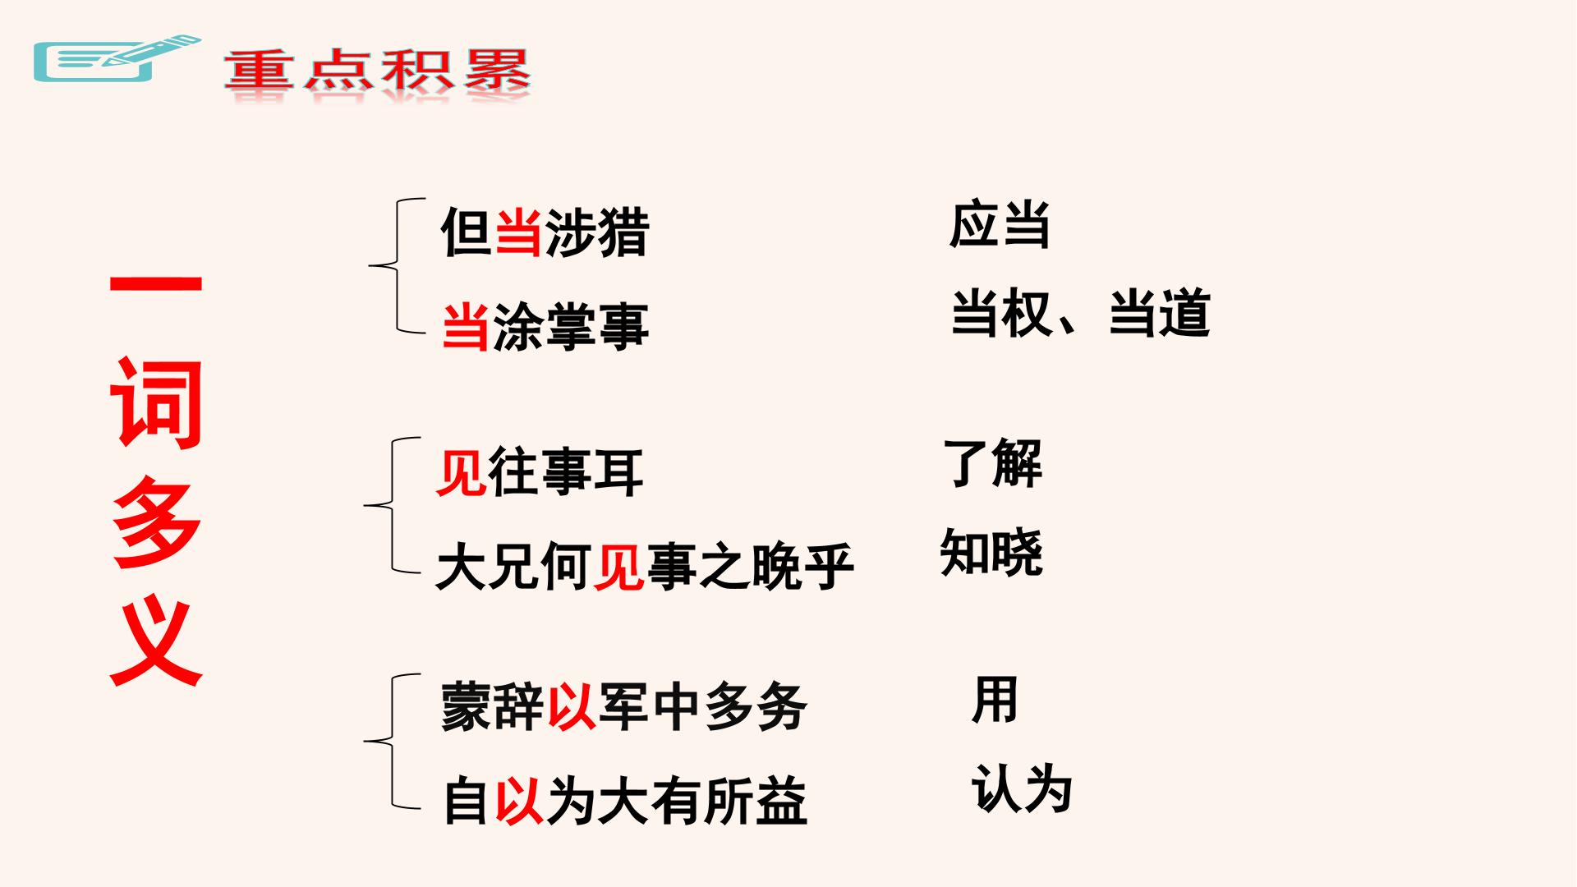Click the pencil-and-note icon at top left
pyautogui.click(x=116, y=59)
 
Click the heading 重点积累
pyautogui.click(x=378, y=71)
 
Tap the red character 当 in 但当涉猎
pyautogui.click(x=518, y=232)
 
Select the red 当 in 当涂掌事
pyautogui.click(x=466, y=326)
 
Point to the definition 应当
pyautogui.click(x=1000, y=224)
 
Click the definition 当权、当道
pyautogui.click(x=1080, y=313)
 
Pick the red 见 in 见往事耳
pyautogui.click(x=461, y=472)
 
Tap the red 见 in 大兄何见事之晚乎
pyautogui.click(x=618, y=566)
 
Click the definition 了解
pyautogui.click(x=993, y=463)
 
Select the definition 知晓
pyautogui.click(x=991, y=552)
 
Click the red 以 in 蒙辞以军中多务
pyautogui.click(x=571, y=705)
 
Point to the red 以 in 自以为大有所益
pyautogui.click(x=518, y=801)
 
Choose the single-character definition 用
pyautogui.click(x=995, y=700)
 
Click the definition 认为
pyautogui.click(x=1023, y=789)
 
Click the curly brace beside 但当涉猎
pyautogui.click(x=397, y=266)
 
